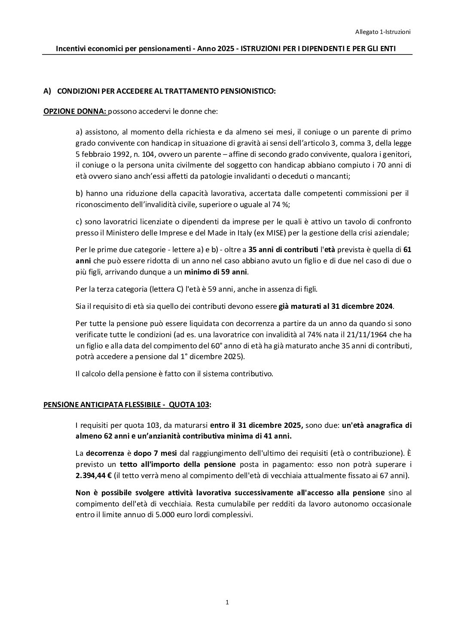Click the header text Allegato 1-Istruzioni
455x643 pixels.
pyautogui.click(x=383, y=31)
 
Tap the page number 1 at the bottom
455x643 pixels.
pyautogui.click(x=227, y=602)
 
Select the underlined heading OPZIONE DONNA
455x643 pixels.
pyautogui.click(x=75, y=112)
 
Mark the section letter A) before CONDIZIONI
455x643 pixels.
pyautogui.click(x=47, y=91)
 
